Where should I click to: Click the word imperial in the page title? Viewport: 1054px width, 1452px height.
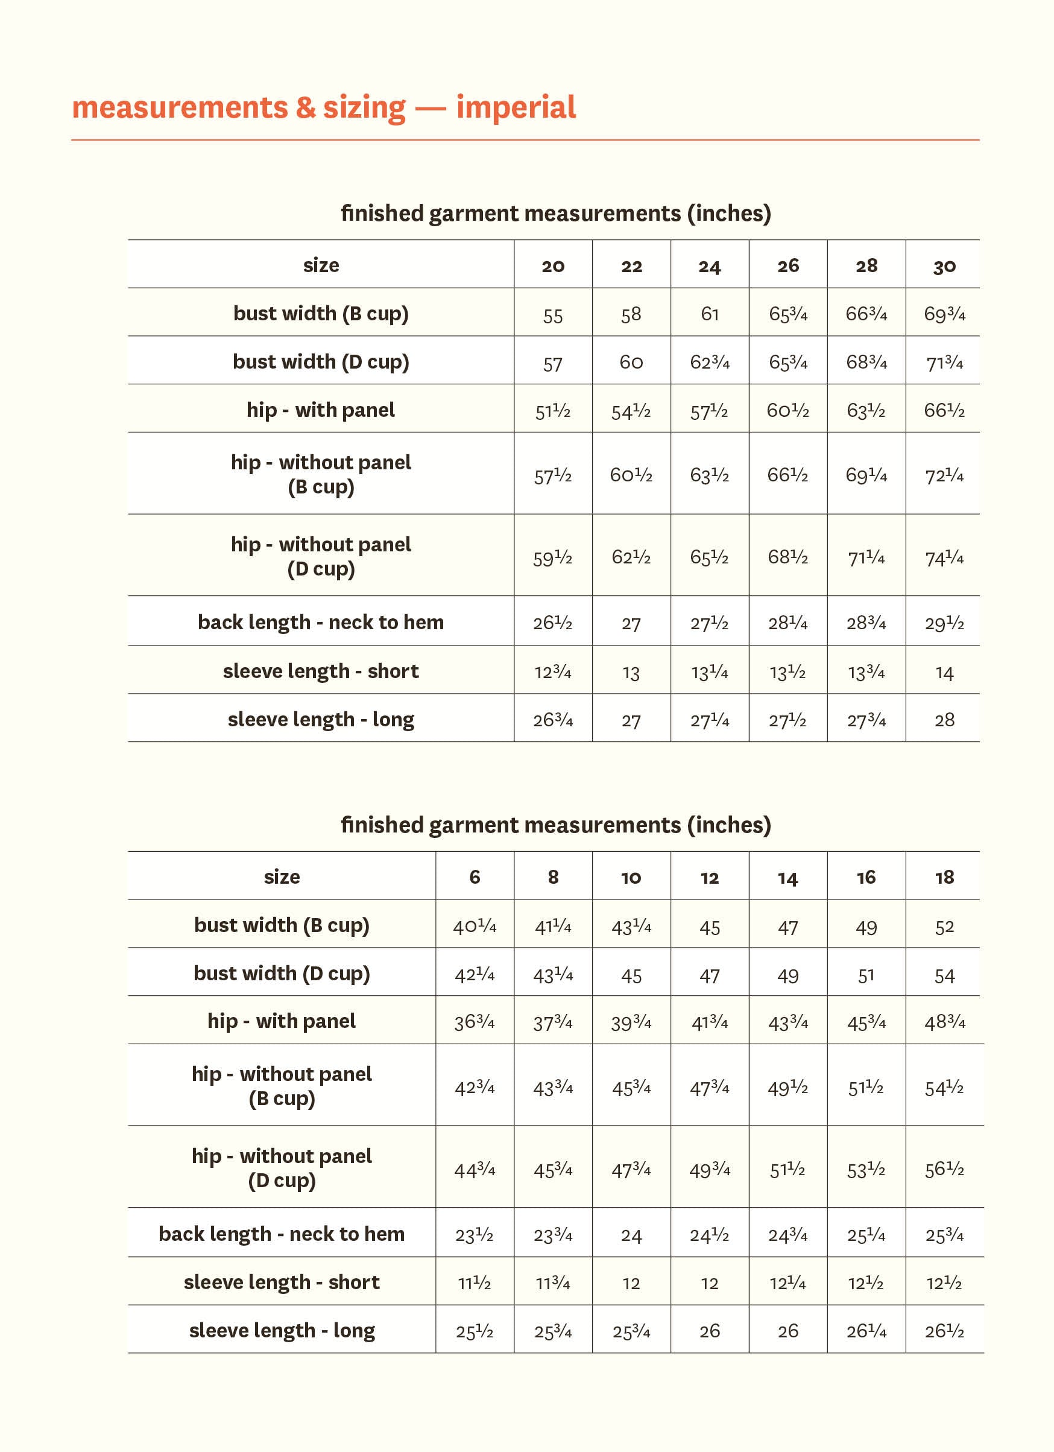click(x=516, y=107)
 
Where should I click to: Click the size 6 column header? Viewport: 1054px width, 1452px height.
click(x=474, y=877)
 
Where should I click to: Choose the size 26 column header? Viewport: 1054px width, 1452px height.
click(x=787, y=265)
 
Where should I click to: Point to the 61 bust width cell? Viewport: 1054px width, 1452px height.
click(x=710, y=314)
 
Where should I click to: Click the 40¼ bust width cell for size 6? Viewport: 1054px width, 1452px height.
click(x=474, y=927)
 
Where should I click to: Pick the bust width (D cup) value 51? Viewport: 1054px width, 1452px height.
click(x=866, y=975)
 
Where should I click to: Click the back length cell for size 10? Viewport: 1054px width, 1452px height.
click(x=631, y=1235)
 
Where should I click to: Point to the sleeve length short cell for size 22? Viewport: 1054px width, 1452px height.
click(x=631, y=673)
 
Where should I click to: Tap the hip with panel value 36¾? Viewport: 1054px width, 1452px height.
click(x=474, y=1022)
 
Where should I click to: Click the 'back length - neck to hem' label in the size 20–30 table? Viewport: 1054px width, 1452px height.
click(x=321, y=623)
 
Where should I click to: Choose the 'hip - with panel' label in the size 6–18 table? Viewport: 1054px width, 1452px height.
click(x=282, y=1021)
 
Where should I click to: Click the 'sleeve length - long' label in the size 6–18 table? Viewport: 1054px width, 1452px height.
click(x=282, y=1330)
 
